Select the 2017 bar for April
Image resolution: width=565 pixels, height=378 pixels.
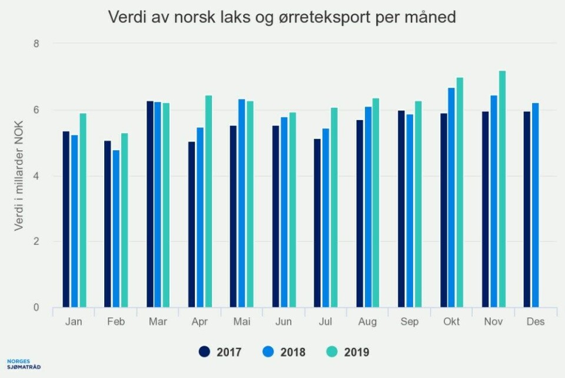192,224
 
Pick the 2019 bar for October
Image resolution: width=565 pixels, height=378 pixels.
460,193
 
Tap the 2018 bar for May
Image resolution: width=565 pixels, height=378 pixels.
242,203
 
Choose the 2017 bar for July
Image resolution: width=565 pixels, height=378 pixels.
318,223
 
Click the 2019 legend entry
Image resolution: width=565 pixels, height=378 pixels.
347,352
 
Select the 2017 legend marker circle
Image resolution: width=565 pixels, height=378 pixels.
205,352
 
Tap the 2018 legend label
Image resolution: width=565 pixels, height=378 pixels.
293,352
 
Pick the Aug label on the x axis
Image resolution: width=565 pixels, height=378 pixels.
368,321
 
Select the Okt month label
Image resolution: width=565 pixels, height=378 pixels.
451,321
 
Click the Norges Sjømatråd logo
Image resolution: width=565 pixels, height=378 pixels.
24,364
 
